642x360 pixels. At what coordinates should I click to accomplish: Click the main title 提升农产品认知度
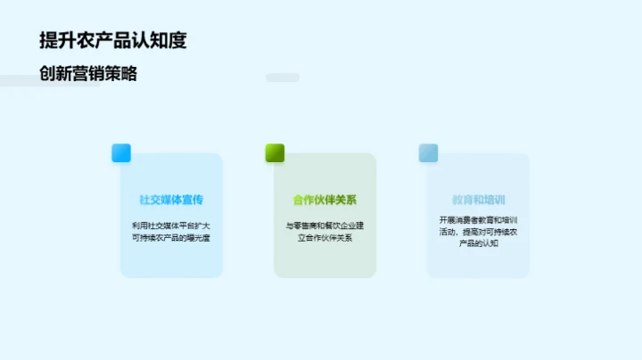pos(113,41)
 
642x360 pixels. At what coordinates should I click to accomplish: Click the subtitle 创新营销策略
pos(88,74)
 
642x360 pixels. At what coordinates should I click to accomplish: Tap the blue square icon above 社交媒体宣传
pos(121,153)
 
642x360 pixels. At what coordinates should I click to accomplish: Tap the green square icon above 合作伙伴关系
pos(275,153)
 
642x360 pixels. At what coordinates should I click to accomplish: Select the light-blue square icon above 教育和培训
pos(428,153)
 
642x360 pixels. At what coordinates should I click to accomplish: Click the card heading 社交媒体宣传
pos(171,200)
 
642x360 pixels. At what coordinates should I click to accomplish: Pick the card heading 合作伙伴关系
pos(325,200)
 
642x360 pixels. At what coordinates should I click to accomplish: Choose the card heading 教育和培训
pos(478,200)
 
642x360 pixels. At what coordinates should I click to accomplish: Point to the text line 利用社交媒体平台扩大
pos(171,225)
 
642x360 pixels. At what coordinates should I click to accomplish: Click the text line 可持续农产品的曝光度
pos(171,238)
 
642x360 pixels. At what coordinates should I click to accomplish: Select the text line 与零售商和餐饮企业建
pos(325,225)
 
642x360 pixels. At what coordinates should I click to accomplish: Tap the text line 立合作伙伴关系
pos(325,238)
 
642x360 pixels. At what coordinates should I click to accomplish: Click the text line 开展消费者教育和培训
pos(478,219)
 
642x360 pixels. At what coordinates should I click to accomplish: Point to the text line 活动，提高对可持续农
pos(478,232)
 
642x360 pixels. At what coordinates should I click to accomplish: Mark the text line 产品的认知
pos(478,243)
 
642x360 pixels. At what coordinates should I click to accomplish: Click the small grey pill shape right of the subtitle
pos(283,78)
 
